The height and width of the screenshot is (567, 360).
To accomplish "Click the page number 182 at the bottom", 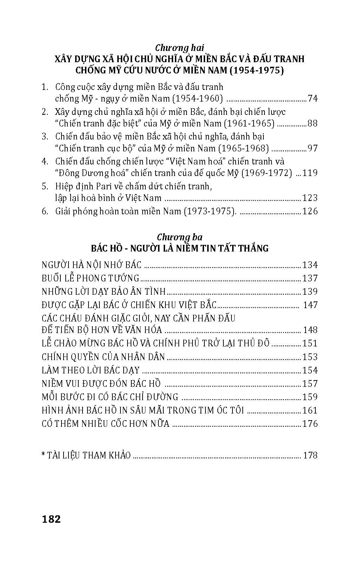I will (x=51, y=519).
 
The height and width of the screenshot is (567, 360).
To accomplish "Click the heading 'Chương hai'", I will (x=180, y=48).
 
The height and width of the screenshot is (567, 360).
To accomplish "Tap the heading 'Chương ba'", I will (x=179, y=237).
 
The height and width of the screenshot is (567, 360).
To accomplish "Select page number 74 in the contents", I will (x=312, y=98).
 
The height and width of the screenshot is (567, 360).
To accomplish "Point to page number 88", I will (x=312, y=123).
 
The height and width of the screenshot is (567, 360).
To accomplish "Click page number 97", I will (x=312, y=148).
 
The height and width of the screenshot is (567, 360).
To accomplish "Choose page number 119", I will (x=310, y=173).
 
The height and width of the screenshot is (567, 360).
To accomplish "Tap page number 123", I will (x=310, y=198).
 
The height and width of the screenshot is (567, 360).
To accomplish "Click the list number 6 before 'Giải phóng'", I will (x=44, y=211).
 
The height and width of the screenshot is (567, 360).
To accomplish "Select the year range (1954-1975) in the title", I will (x=254, y=71).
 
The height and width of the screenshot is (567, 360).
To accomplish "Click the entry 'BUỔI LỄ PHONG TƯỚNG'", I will (x=91, y=278).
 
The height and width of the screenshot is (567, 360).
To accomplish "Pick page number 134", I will (x=310, y=265).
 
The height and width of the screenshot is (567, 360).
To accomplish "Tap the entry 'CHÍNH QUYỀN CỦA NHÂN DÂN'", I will (x=103, y=357).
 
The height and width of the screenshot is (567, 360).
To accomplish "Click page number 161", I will (x=310, y=410).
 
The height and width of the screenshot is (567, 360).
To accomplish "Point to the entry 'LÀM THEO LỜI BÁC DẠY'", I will (x=91, y=370).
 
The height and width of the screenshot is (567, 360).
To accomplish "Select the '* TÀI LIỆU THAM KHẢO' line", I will (x=86, y=456).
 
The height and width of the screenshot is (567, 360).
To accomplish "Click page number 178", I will (x=310, y=456).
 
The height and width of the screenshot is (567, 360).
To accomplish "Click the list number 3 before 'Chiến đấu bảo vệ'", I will (x=44, y=137).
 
